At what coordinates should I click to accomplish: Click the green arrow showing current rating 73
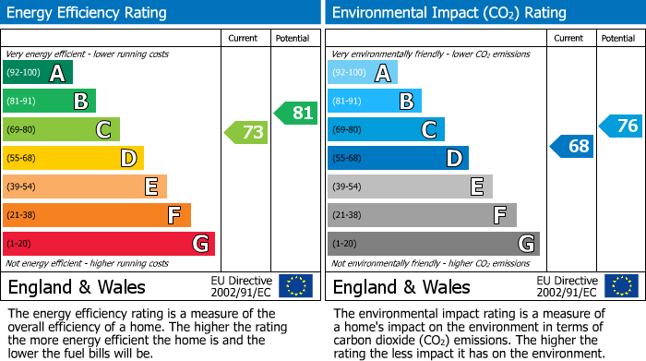[x=245, y=133]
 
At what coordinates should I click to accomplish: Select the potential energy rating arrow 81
[x=295, y=113]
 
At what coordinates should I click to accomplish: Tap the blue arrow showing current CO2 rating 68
[x=571, y=146]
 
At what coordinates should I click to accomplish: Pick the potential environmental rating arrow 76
[x=620, y=126]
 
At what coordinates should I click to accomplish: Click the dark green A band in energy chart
[x=37, y=73]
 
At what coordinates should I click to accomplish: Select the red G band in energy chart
[x=108, y=244]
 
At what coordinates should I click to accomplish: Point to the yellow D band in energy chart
[x=73, y=158]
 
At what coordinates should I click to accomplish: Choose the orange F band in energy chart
[x=96, y=215]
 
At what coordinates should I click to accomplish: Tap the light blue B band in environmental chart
[x=374, y=101]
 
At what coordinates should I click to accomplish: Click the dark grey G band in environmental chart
[x=433, y=244]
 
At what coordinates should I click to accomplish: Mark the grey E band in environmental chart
[x=409, y=187]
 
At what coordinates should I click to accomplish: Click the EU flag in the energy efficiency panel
[x=295, y=285]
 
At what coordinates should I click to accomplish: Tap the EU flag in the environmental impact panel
[x=620, y=285]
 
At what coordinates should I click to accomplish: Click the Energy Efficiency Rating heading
[x=88, y=13]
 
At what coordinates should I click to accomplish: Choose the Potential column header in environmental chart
[x=618, y=38]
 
